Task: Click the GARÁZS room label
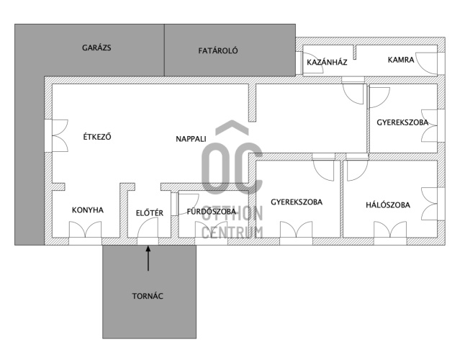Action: coord(96,48)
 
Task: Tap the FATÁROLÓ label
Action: coord(218,50)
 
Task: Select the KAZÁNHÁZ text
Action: coord(327,62)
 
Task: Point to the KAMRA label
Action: coord(401,60)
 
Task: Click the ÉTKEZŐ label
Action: coord(97,137)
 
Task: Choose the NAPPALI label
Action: coord(191,139)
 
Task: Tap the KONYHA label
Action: coord(88,210)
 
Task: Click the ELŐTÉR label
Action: coord(150,213)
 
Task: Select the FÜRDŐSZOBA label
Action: coord(212,212)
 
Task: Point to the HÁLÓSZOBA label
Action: coord(388,205)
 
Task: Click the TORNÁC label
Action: coord(148,296)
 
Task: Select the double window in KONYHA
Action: coord(86,230)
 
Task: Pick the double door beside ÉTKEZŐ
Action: coord(60,136)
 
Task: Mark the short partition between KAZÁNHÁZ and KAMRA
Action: coord(355,52)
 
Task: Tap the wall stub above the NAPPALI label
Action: coord(252,103)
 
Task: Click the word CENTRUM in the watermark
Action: coord(232,232)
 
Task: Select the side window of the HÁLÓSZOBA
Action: coord(430,204)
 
